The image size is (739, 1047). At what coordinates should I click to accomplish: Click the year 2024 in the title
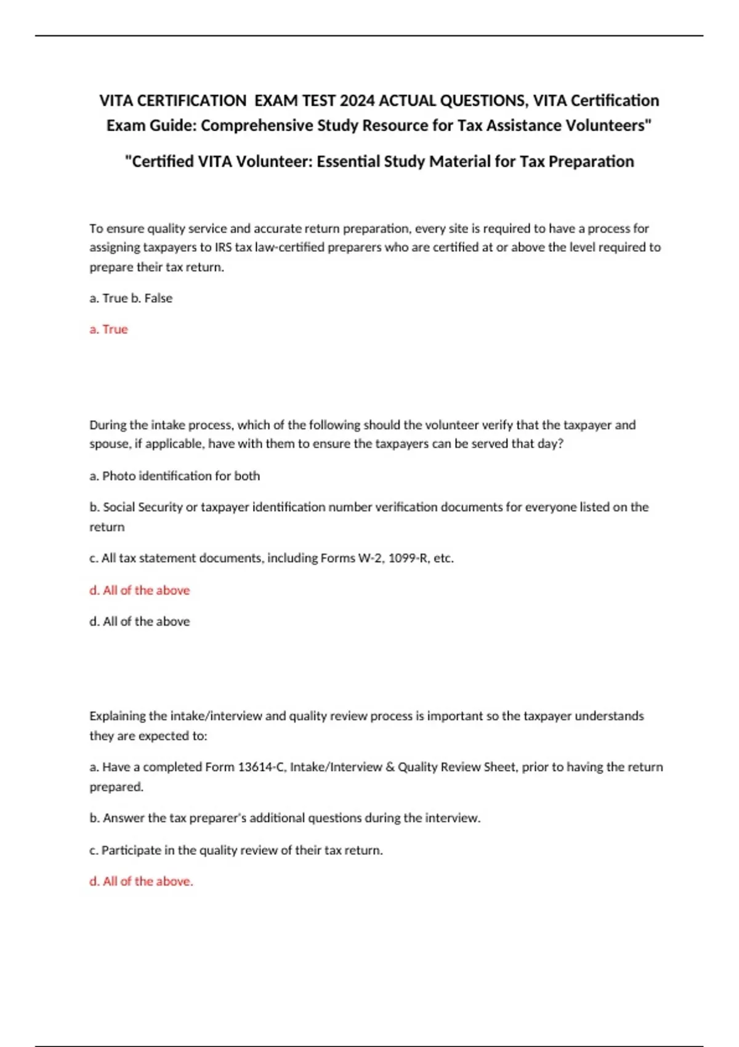point(357,100)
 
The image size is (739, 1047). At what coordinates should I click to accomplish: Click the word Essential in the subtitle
point(347,161)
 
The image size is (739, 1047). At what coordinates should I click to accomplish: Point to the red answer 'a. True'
point(108,329)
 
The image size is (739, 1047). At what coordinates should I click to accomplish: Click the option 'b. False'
point(151,298)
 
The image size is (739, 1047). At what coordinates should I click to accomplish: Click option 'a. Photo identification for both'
point(174,476)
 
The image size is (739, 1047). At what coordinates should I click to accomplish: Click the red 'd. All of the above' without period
point(139,590)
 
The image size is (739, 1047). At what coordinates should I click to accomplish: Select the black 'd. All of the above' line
point(139,621)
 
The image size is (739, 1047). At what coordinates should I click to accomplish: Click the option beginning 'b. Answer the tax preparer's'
point(285,819)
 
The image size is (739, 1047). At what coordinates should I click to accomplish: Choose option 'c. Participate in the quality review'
point(236,851)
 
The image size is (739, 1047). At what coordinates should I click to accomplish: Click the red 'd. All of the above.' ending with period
point(141,881)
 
